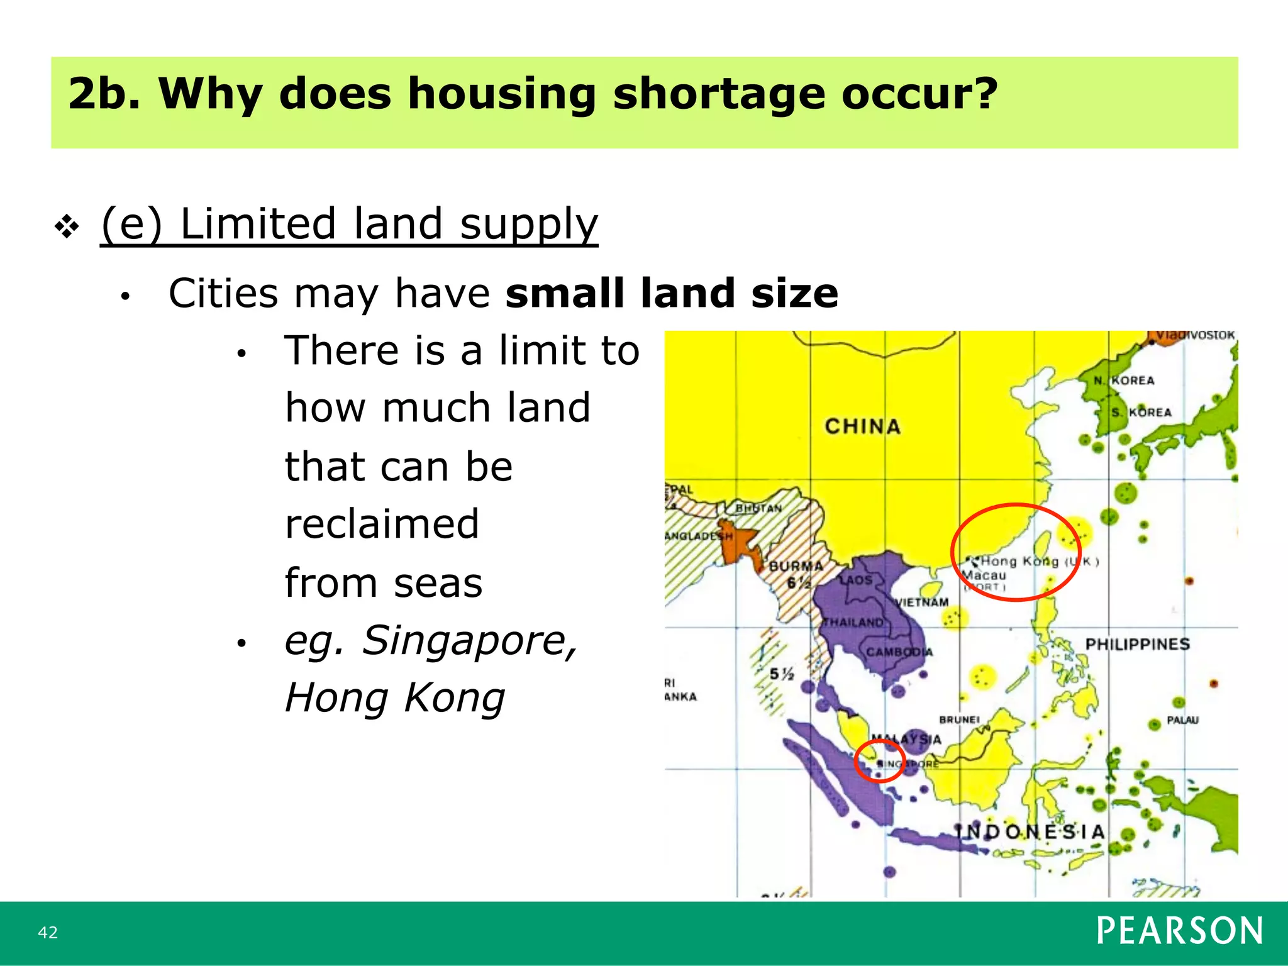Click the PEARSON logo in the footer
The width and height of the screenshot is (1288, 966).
coord(1179,931)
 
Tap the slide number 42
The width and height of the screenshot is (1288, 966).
coord(48,932)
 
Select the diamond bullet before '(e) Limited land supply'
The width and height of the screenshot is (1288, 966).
coord(67,226)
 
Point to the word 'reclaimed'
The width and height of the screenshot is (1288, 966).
coord(382,524)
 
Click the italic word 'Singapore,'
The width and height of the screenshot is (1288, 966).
coord(469,641)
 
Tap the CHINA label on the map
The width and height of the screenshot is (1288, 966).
coord(862,426)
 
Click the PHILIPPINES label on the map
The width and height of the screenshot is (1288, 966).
coord(1137,644)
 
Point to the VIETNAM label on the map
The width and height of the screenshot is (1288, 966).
coord(921,602)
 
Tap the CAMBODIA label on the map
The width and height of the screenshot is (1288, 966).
coord(899,652)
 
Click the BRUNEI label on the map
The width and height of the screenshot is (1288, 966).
coord(959,719)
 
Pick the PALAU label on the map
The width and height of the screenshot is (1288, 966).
coord(1182,720)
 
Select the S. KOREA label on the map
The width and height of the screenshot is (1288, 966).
coord(1141,413)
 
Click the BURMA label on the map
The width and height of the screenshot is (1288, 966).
coord(796,566)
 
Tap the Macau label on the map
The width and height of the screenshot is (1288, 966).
coord(985,575)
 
